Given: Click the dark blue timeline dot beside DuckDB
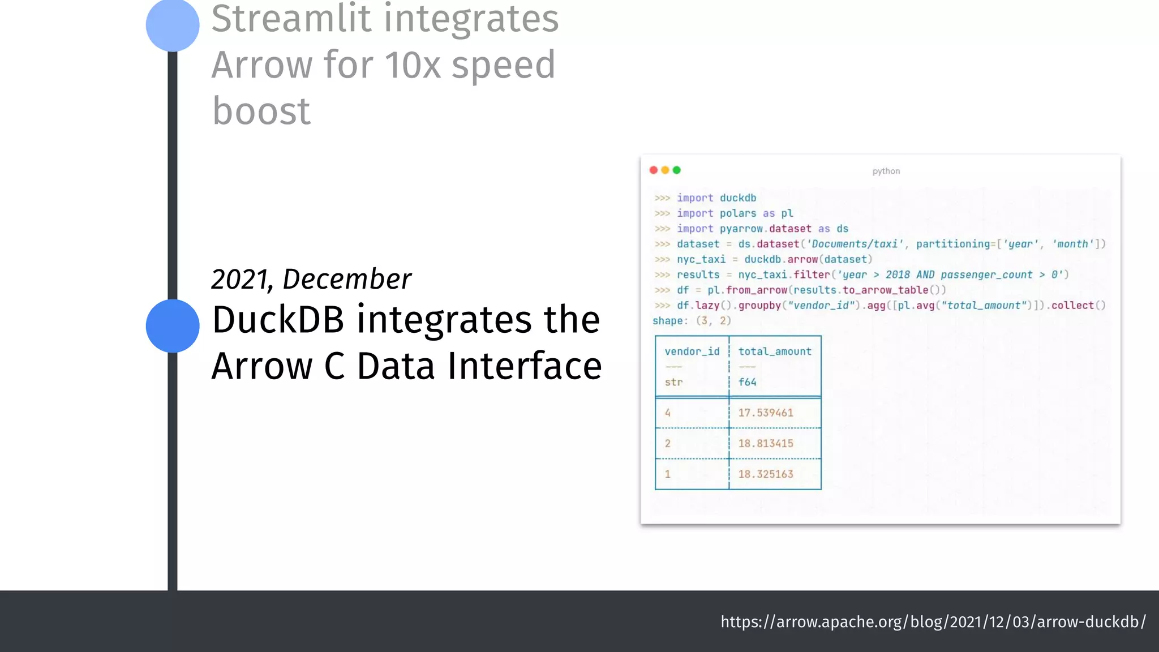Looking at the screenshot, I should (x=173, y=326).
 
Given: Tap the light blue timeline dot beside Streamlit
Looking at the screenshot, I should (x=173, y=25).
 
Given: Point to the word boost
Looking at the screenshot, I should (x=261, y=111).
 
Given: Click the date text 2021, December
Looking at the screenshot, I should (x=311, y=279).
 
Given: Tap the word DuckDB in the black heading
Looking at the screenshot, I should (x=278, y=320).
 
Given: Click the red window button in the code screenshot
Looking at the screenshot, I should (x=654, y=170).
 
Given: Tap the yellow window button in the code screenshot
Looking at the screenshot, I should (x=665, y=170).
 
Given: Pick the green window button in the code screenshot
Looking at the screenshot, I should (x=676, y=170).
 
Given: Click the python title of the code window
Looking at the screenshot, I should (x=886, y=171).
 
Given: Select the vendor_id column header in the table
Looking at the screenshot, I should (x=692, y=351).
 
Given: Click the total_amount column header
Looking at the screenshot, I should (x=775, y=351).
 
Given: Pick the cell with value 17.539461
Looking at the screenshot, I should (x=766, y=413).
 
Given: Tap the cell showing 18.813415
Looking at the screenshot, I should (x=766, y=443).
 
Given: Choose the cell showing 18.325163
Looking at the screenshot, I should (x=766, y=474).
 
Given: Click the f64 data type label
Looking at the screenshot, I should (x=747, y=382).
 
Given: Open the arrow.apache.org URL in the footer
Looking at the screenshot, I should (x=933, y=622).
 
